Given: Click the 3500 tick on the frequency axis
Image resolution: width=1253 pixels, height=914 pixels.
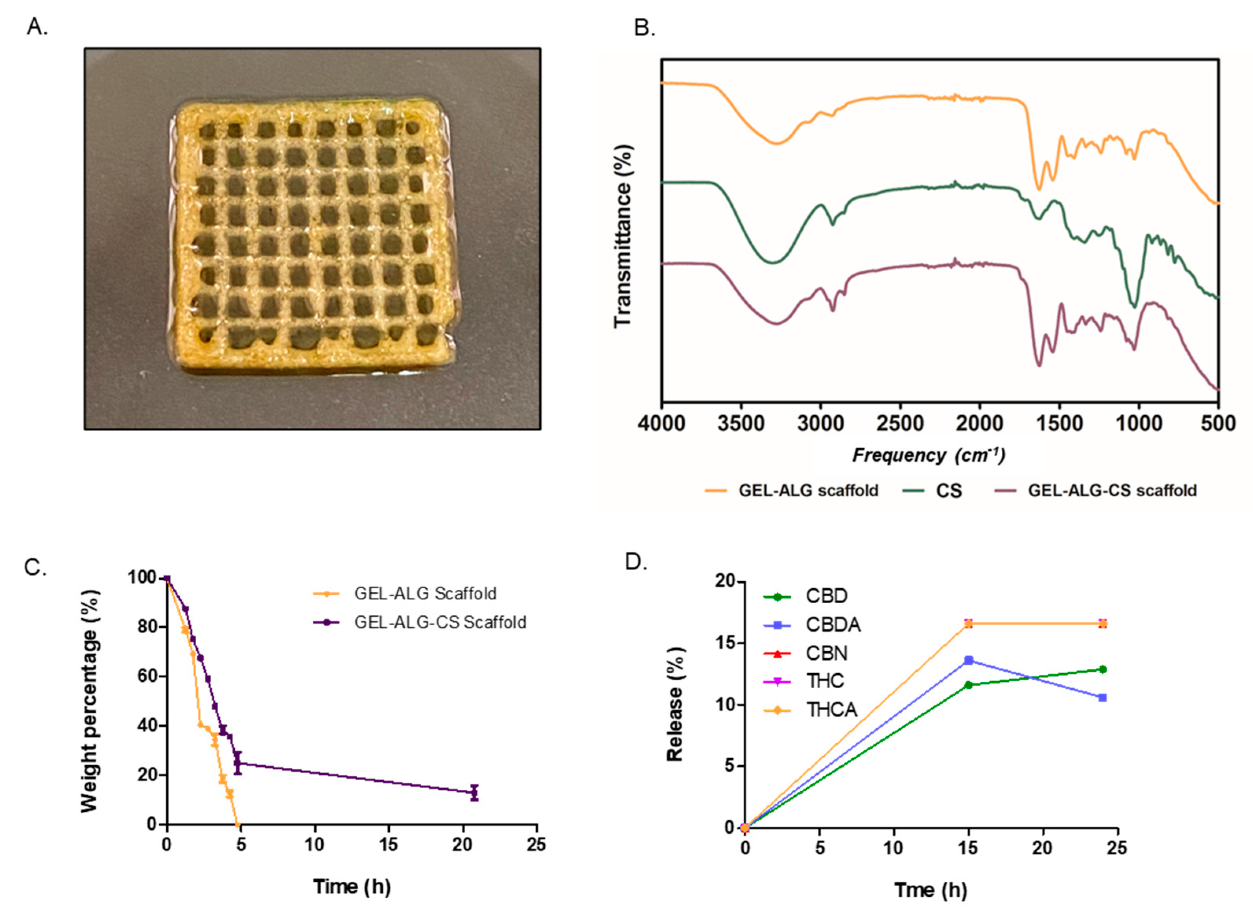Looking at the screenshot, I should pyautogui.click(x=741, y=424).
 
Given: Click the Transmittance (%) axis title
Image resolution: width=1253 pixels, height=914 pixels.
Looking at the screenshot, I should pyautogui.click(x=623, y=237).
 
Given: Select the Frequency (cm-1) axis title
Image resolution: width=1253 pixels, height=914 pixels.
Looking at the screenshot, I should pyautogui.click(x=928, y=455).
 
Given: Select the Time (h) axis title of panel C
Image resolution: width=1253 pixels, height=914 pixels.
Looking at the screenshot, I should pyautogui.click(x=352, y=886).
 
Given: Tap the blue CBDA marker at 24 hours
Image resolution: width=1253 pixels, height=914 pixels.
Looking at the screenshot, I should pyautogui.click(x=1102, y=698).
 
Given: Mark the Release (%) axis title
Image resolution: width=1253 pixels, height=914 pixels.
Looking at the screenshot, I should pyautogui.click(x=675, y=704).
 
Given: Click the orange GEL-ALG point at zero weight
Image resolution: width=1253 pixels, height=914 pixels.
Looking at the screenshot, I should pyautogui.click(x=237, y=824).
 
